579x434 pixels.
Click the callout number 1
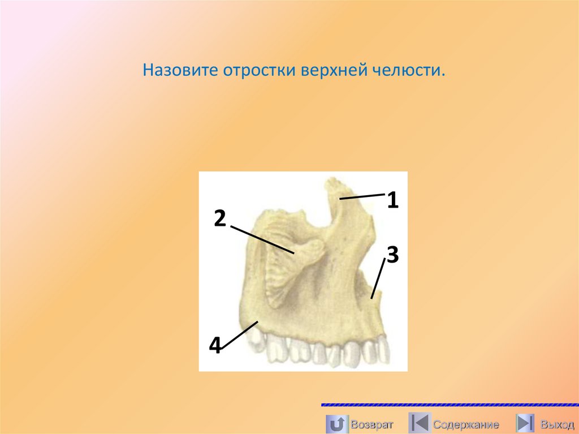click(393, 200)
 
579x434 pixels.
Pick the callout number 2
click(220, 217)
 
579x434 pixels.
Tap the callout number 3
click(392, 254)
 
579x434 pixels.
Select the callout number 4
click(215, 344)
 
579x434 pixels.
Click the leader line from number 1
click(362, 196)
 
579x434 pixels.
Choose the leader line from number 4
click(240, 336)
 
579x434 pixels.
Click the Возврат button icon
click(337, 423)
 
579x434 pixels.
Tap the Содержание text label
click(466, 424)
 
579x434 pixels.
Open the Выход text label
click(556, 424)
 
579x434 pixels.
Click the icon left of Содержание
click(419, 423)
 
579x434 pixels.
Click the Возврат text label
click(371, 424)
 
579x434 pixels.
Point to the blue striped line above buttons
click(450, 405)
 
